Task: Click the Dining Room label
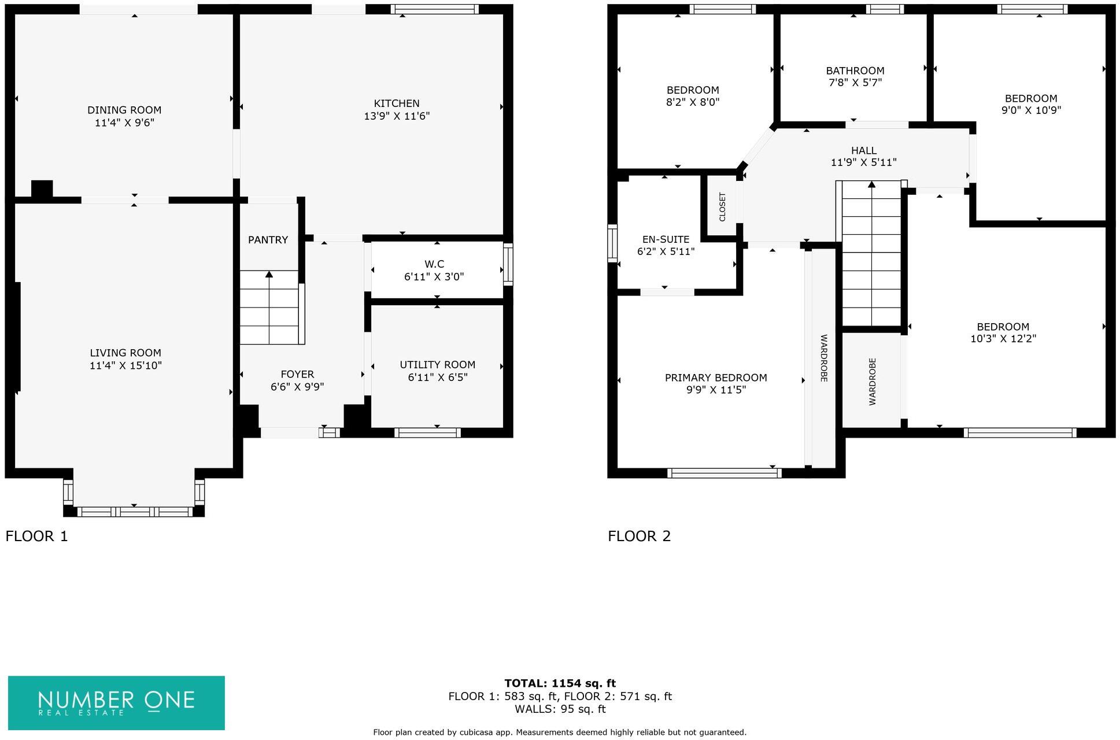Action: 124,110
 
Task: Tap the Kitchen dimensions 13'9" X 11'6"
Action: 397,116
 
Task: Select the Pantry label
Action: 268,240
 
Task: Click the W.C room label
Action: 434,264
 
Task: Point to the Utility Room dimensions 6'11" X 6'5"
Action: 437,377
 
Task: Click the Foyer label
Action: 297,374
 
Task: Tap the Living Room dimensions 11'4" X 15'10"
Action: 125,365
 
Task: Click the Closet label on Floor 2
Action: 722,206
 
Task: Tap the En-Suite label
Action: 666,239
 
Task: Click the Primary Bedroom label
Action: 716,378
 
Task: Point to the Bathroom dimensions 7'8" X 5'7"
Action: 855,83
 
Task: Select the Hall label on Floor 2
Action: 863,150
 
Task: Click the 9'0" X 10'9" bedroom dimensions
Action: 1031,110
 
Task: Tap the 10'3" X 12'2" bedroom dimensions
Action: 1003,339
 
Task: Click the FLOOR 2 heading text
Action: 639,536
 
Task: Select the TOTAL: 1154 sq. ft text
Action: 560,683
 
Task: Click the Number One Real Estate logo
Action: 116,702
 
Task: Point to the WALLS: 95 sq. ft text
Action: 560,709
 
